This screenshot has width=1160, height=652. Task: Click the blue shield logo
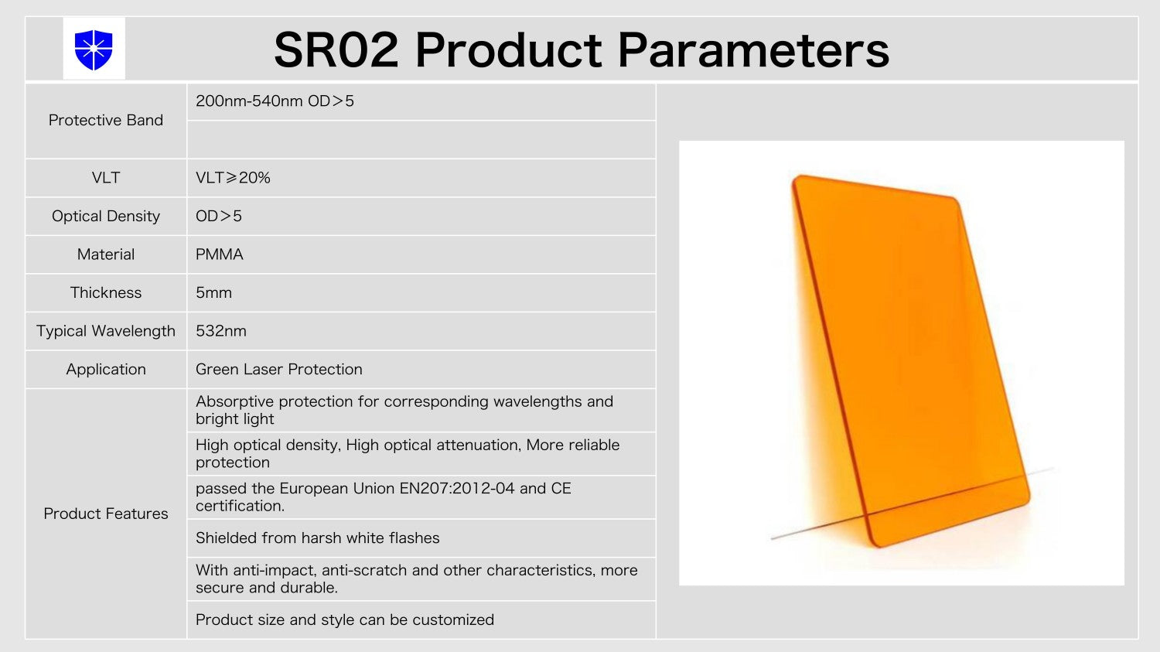[94, 49]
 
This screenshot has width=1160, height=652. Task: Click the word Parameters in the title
[753, 50]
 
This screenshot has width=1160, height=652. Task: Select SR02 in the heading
[336, 50]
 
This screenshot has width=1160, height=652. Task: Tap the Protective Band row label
[106, 120]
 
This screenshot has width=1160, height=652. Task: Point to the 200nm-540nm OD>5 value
[275, 101]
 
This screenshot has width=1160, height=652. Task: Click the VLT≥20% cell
[233, 178]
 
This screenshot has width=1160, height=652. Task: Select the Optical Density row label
[106, 216]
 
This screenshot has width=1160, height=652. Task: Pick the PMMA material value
[219, 254]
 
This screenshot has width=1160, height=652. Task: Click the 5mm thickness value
[213, 292]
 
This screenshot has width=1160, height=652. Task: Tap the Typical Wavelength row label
[106, 331]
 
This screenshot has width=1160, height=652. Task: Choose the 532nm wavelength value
[220, 331]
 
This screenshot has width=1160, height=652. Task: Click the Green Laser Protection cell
[278, 369]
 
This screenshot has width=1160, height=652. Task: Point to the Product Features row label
[106, 514]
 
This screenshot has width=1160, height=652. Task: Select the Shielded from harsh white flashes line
[317, 538]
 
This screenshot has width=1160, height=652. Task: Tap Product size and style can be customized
[345, 620]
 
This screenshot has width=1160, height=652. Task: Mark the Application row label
[106, 369]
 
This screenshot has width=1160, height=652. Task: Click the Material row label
[106, 254]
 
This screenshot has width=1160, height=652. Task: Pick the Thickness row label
[106, 292]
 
